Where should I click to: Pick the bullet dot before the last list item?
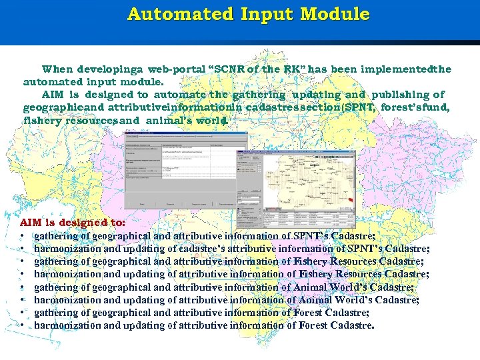click(x=23, y=326)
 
